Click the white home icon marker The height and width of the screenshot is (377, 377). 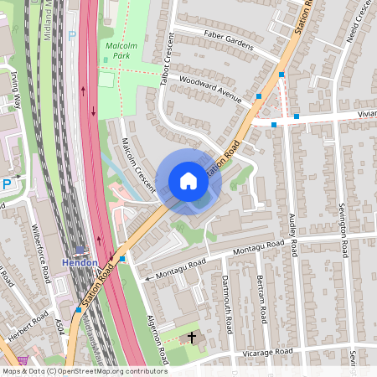point(188,181)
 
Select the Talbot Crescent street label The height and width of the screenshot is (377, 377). point(167,59)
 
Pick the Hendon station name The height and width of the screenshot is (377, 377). point(80,262)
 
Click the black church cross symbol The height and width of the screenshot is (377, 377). point(192,338)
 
